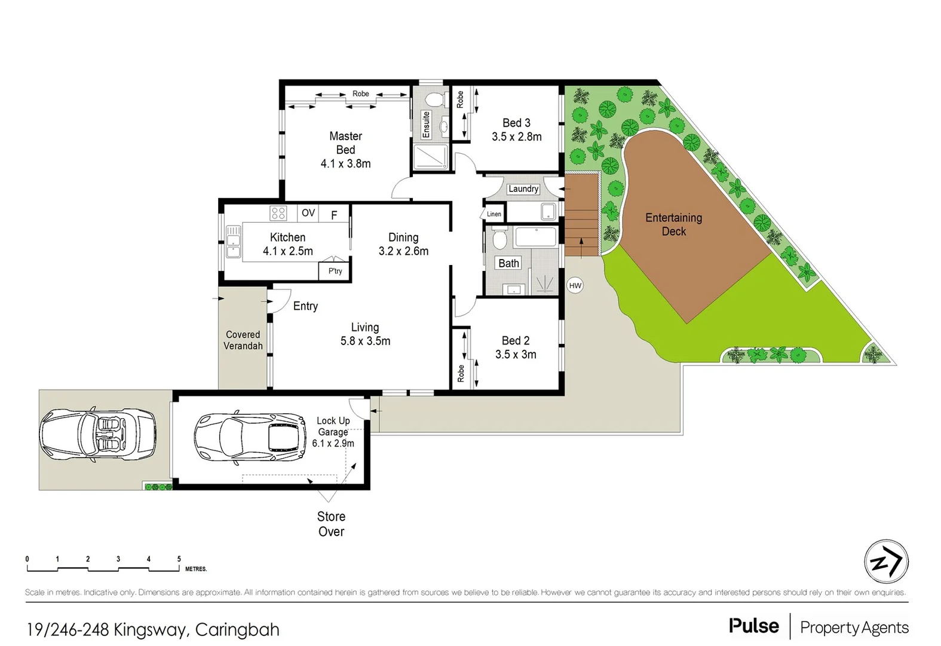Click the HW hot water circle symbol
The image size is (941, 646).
point(575,285)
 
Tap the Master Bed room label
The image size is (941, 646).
point(345,143)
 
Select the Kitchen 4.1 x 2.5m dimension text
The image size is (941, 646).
point(287,251)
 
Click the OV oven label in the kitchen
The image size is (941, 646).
point(308,213)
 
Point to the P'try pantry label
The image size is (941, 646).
point(335,271)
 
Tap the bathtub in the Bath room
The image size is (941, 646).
point(536,237)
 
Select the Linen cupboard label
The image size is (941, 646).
point(494,214)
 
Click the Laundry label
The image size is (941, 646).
point(523,189)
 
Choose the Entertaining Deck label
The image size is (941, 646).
point(673,224)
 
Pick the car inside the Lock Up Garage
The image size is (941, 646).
point(250,437)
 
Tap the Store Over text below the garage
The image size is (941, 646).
point(331,524)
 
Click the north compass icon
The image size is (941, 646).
point(885,562)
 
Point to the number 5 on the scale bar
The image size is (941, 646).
point(179,559)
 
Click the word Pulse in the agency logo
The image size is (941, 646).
point(753,626)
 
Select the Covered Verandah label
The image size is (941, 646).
point(243,340)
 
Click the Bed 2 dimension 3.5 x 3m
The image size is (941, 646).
point(516,355)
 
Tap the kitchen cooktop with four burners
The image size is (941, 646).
point(278,213)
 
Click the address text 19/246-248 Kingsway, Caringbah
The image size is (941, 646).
point(153,629)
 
